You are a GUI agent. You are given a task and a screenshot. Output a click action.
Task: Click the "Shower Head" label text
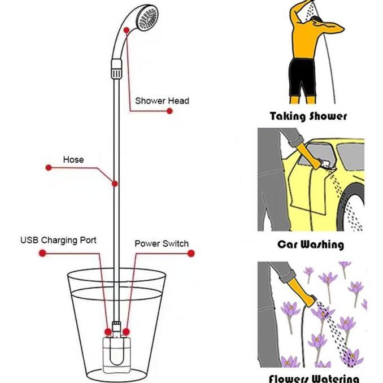point(162,101)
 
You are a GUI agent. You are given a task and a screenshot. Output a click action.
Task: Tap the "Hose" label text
point(73,159)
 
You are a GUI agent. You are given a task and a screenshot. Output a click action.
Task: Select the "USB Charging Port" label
point(58,240)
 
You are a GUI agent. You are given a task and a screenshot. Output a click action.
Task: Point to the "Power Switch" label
point(161,243)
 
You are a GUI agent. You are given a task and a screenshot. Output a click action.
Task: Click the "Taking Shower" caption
point(308,117)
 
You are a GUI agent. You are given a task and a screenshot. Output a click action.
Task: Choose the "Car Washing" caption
point(310,245)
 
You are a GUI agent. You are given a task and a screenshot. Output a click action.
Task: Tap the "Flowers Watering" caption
point(314,377)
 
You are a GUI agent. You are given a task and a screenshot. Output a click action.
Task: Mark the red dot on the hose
point(115,184)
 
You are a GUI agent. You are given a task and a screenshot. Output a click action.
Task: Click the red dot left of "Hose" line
point(49,168)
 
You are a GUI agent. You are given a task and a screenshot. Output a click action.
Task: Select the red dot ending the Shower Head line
point(169,111)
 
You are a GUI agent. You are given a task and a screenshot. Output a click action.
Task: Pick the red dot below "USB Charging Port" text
point(42,253)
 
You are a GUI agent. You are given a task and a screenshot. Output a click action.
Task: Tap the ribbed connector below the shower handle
point(115,72)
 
